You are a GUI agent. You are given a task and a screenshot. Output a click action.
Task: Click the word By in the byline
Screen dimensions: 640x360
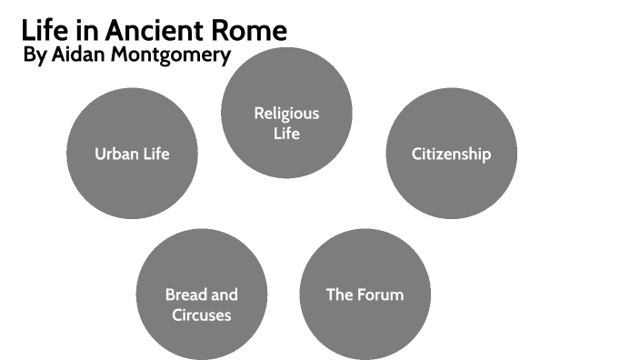coord(33,56)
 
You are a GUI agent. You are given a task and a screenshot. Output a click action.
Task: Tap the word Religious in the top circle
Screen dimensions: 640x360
coord(286,114)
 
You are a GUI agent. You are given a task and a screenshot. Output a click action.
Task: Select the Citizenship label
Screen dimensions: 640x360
coord(451,154)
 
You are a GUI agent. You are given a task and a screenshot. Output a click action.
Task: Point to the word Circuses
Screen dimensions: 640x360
coord(201,315)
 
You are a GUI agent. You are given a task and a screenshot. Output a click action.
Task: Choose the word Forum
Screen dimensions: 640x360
coord(380,295)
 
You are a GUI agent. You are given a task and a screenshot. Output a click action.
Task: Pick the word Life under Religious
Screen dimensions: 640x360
coord(286,134)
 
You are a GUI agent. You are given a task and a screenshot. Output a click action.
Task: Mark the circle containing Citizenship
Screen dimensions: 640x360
coord(452,182)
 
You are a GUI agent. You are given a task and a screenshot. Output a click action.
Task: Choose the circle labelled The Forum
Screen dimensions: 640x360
coord(365,327)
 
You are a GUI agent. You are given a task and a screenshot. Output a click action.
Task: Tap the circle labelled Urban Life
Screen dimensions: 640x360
coord(133,186)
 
